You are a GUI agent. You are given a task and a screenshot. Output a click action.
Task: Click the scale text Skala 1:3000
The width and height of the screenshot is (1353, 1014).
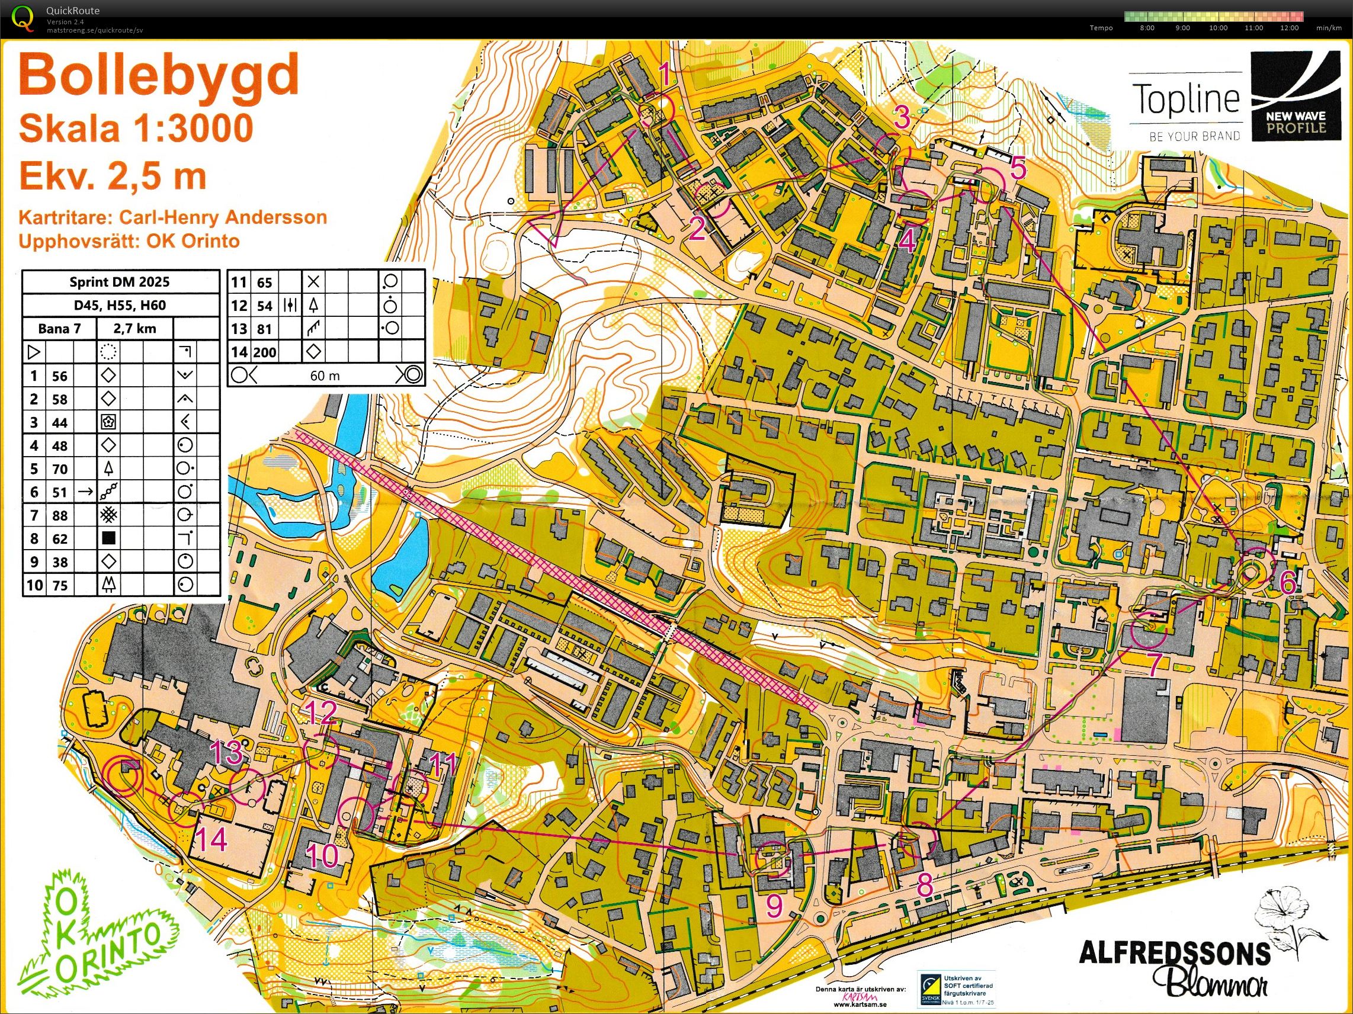tap(136, 129)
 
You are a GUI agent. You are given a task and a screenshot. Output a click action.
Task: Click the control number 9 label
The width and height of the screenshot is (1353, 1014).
tap(774, 906)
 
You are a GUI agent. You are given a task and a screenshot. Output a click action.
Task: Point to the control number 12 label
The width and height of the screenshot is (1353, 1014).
tap(320, 713)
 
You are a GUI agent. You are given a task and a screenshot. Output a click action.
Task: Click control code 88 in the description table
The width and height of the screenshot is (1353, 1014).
tap(59, 515)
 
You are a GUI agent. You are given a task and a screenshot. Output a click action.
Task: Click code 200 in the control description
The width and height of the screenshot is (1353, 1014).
tap(265, 352)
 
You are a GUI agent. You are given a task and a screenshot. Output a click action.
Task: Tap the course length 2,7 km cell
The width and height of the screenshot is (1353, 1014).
tap(134, 328)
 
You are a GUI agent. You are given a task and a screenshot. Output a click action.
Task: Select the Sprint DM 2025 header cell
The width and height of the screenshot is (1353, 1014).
tap(120, 282)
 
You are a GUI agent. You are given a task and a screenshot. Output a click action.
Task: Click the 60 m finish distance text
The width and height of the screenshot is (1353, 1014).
tap(324, 376)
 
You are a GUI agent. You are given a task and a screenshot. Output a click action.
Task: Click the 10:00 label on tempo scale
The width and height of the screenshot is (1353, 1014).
tap(1218, 27)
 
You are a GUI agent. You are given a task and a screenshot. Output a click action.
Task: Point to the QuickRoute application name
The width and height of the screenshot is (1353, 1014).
tap(73, 11)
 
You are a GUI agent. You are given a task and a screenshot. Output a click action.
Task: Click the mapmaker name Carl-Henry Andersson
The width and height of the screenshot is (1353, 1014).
tap(223, 217)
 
